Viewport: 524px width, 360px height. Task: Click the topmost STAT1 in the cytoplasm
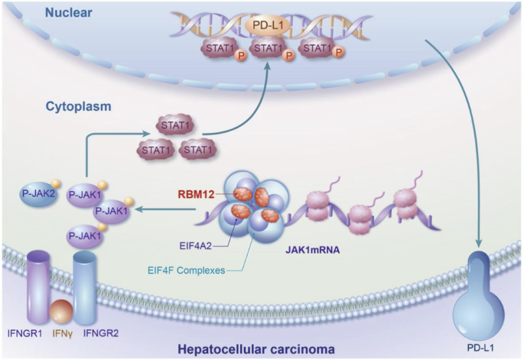(174, 123)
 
